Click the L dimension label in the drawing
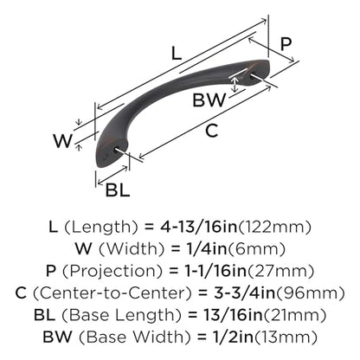177,54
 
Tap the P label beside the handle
286,44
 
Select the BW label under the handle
209,100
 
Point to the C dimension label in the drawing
211,131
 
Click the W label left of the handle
62,141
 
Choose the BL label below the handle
118,190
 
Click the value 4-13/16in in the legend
199,227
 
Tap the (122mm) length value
274,227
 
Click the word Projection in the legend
112,271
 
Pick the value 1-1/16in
215,271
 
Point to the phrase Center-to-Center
112,293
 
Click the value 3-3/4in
245,293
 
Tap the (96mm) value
311,293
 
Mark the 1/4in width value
200,249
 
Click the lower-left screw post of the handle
119,151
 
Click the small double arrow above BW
235,84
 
